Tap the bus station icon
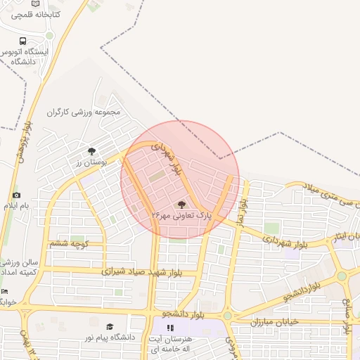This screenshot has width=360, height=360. tap(23, 41)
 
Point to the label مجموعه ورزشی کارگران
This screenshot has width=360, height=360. tap(84, 111)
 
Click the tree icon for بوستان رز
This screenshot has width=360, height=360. tap(91, 150)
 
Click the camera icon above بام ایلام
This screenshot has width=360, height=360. tap(16, 195)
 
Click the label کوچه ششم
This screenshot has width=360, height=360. tap(68, 243)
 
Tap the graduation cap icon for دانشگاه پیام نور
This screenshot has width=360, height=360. tap(110, 326)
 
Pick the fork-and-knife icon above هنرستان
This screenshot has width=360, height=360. tap(169, 328)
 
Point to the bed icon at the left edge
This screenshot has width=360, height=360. tap(5, 291)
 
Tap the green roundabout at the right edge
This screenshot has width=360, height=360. tap(342, 276)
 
